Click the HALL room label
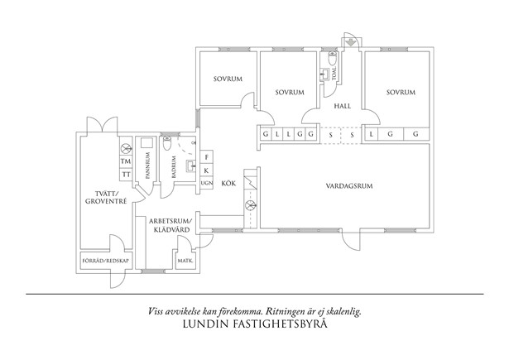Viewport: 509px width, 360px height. [x=343, y=106]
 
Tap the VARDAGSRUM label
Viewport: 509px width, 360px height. [x=349, y=185]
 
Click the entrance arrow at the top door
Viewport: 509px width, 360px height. [x=350, y=42]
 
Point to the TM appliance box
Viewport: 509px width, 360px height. [x=126, y=161]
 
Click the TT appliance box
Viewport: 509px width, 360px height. [x=126, y=175]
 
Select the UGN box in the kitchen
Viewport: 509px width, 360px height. [x=207, y=182]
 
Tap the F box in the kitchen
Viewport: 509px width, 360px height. [x=207, y=156]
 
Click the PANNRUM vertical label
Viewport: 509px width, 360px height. [x=147, y=166]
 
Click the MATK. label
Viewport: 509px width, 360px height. [x=184, y=262]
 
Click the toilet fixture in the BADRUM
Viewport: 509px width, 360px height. [x=168, y=146]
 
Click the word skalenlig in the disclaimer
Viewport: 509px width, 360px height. [x=341, y=311]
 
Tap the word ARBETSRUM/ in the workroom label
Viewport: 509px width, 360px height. [x=170, y=221]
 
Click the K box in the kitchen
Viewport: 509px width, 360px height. [x=207, y=169]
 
